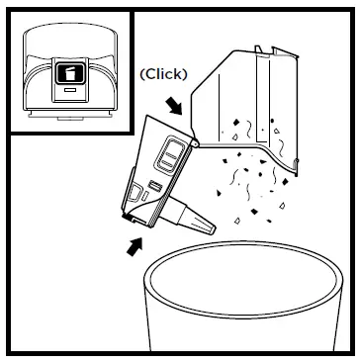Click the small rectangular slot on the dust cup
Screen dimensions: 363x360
tap(155, 188)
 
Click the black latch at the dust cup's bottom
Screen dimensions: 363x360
tap(130, 212)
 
